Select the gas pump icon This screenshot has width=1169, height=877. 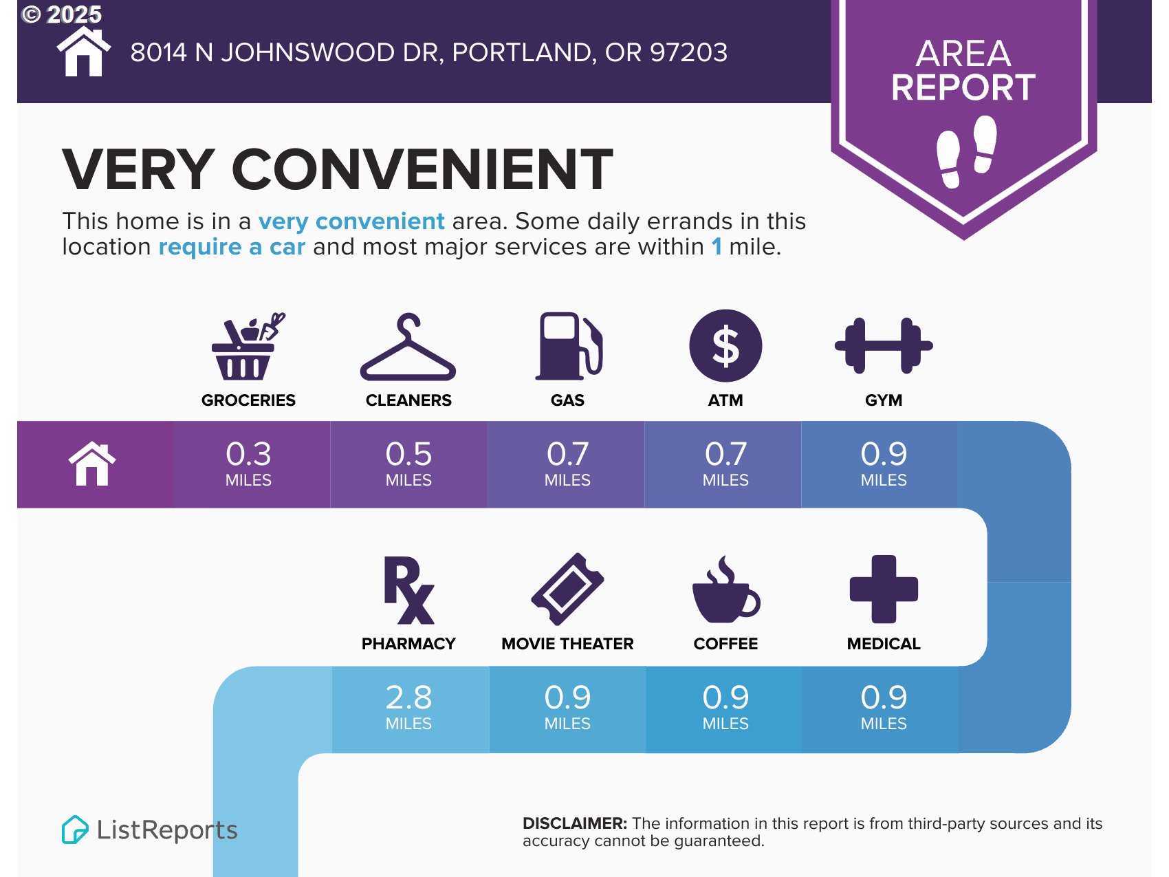(569, 346)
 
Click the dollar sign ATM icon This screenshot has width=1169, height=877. (725, 346)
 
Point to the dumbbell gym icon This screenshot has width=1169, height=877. (884, 345)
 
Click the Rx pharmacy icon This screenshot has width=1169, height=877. (408, 589)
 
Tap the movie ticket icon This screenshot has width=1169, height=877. (567, 589)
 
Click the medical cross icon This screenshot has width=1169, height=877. (884, 589)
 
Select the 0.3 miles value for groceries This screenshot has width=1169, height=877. (248, 464)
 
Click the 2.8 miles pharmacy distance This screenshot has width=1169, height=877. (408, 707)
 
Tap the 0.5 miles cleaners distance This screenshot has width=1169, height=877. (408, 464)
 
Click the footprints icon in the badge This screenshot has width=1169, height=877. (966, 151)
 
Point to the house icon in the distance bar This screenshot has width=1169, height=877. (92, 464)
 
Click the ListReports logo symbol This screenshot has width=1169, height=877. (75, 830)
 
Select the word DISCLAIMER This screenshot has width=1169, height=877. (575, 823)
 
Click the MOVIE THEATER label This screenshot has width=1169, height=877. (567, 644)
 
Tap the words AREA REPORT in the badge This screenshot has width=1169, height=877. (963, 70)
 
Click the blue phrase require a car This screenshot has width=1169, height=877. (232, 246)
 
